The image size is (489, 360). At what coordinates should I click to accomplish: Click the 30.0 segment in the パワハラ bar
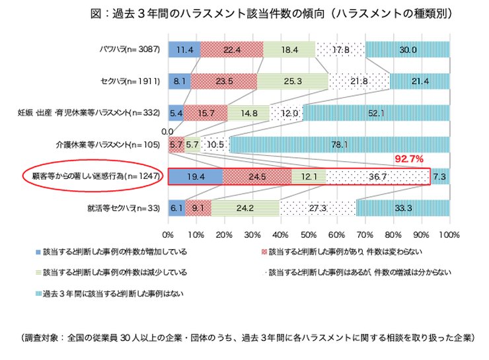click(407, 49)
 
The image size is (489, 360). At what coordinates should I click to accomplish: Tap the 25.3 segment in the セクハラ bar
click(293, 81)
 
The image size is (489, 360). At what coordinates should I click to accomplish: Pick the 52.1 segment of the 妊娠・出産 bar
click(376, 112)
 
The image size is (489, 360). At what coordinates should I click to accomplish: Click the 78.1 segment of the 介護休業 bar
click(340, 145)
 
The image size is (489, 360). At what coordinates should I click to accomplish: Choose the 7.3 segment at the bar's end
click(440, 176)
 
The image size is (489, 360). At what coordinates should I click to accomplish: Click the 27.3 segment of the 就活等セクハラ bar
click(318, 208)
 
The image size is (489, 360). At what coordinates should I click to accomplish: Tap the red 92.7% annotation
click(408, 159)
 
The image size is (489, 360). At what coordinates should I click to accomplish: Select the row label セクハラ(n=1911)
click(132, 81)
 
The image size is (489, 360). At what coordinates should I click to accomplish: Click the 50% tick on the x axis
click(309, 234)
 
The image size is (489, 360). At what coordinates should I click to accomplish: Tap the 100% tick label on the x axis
click(449, 234)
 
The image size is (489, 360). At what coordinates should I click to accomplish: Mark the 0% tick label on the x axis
click(169, 234)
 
